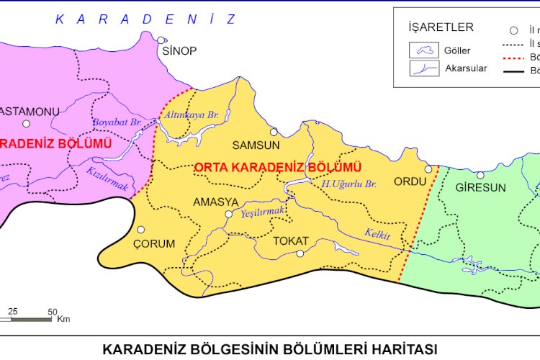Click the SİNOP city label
click(x=179, y=51)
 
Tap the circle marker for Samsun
click(x=274, y=132)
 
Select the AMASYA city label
click(x=212, y=202)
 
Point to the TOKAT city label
click(x=291, y=240)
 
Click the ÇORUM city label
click(x=154, y=243)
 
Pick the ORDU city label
click(x=410, y=181)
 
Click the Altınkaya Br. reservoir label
click(x=192, y=114)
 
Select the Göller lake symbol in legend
click(x=424, y=50)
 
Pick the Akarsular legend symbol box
click(x=424, y=68)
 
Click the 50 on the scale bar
click(x=53, y=312)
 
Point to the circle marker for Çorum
click(x=140, y=230)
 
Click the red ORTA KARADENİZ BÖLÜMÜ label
click(x=277, y=167)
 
